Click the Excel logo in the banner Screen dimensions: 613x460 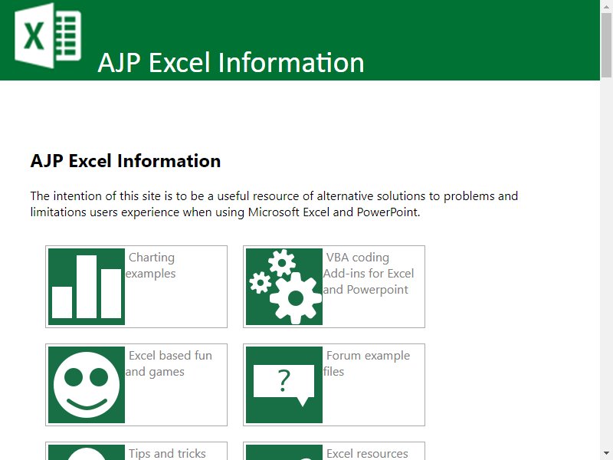coord(48,35)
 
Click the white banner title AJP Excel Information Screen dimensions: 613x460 coord(231,63)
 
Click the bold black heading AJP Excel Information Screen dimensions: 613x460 coord(126,161)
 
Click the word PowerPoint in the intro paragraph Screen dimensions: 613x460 coord(388,212)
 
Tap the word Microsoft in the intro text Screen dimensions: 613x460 coord(275,212)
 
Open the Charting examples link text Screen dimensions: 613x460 coord(151,265)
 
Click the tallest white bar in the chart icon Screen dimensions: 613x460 coord(87,286)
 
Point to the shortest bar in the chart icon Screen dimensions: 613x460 coord(62,302)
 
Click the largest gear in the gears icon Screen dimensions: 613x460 coord(296,298)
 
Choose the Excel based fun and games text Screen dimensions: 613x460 coord(169,363)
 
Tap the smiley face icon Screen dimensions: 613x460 coord(87,385)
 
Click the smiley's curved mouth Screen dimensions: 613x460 coord(87,404)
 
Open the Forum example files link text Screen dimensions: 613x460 coord(367,363)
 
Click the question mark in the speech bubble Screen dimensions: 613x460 coord(284,380)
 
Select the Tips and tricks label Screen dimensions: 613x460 coord(167,453)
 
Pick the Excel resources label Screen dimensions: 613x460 coord(367,453)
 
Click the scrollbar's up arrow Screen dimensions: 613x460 coord(606,6)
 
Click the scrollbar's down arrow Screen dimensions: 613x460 coord(606,454)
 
